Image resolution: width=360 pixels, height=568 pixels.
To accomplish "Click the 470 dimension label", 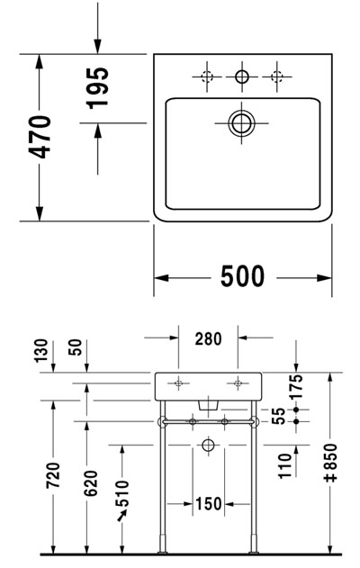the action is pos(40,137).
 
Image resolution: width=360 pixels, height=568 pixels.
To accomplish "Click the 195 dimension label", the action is pos(97,88).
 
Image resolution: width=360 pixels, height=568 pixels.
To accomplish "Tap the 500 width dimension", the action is pos(243,276).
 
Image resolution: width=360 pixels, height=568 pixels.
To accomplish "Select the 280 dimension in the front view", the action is pos(208,339).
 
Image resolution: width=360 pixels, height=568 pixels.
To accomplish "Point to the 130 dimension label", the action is pos(40,350).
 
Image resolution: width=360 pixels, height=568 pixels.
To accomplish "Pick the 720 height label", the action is pos(53,475).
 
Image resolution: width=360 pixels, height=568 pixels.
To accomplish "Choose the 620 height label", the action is pos(91,483).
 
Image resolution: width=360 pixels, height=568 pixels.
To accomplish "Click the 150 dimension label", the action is pos(209,503).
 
